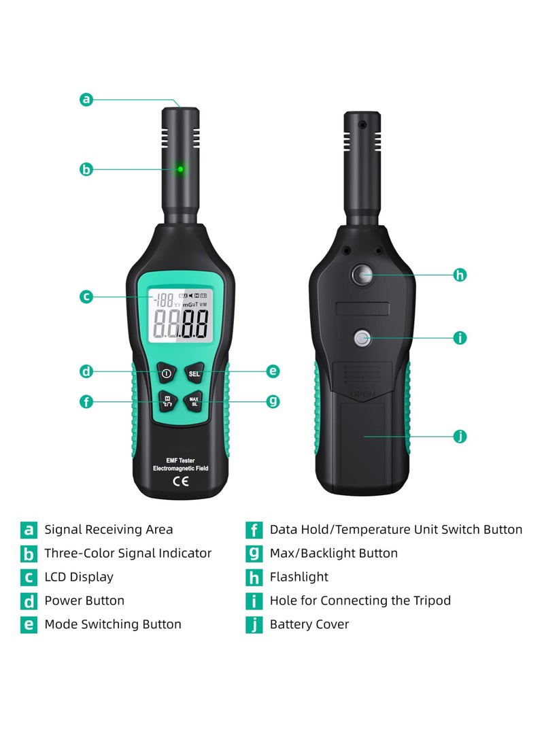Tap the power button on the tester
(165, 373)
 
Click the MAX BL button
(194, 401)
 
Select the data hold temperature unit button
(166, 401)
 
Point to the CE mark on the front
(180, 484)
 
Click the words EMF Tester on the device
(180, 460)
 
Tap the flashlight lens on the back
(362, 275)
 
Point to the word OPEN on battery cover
(362, 394)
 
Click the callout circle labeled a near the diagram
(86, 99)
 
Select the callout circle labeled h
(460, 275)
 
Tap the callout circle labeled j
(460, 436)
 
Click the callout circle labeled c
(86, 297)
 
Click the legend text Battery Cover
(309, 624)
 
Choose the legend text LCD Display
(79, 577)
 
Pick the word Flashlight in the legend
(299, 577)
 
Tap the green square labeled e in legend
(29, 624)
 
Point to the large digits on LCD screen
(180, 324)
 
